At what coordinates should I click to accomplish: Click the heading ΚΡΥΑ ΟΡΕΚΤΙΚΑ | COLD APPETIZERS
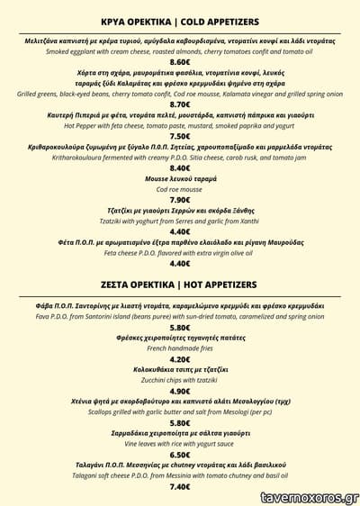[x=180, y=21]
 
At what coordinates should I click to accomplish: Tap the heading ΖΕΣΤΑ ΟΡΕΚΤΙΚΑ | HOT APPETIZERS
[x=180, y=285]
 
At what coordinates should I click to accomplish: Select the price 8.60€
[x=180, y=63]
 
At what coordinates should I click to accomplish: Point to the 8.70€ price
[x=180, y=104]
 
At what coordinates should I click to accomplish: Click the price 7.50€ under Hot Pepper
[x=180, y=137]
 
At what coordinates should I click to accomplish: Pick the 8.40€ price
[x=180, y=168]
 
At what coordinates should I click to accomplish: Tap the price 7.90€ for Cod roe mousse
[x=180, y=200]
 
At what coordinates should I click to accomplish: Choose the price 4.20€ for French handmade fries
[x=180, y=360]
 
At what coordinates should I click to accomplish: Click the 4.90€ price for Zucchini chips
[x=180, y=392]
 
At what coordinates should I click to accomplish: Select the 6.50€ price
[x=180, y=455]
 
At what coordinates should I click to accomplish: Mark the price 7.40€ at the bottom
[x=180, y=486]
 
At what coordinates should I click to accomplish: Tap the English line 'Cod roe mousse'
[x=180, y=190]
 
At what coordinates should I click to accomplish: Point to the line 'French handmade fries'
[x=180, y=349]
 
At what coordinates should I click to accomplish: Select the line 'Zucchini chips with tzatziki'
[x=180, y=381]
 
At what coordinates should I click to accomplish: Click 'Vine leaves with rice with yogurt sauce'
[x=180, y=444]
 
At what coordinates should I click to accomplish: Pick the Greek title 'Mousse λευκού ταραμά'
[x=180, y=179]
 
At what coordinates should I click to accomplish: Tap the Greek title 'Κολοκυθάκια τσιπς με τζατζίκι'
[x=180, y=370]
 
